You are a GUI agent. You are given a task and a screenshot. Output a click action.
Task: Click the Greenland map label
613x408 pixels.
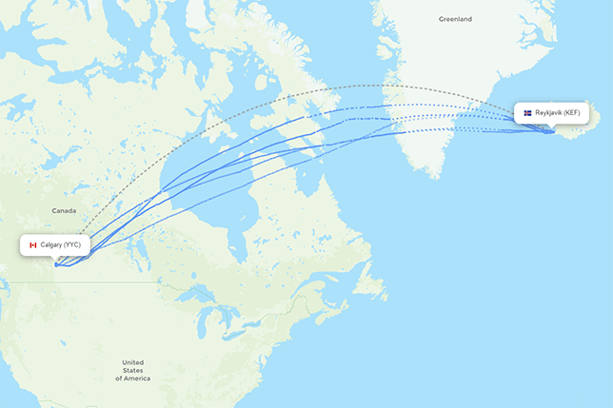point(454,19)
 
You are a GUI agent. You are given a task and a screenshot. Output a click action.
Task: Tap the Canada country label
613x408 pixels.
point(64,210)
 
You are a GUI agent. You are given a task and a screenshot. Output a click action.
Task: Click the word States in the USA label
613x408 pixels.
point(132,370)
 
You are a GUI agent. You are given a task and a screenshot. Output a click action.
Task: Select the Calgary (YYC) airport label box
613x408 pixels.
point(55,244)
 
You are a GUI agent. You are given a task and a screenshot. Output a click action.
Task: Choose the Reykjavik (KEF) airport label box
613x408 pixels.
point(551,112)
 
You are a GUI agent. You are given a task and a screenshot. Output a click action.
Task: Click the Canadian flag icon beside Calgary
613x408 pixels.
point(32,244)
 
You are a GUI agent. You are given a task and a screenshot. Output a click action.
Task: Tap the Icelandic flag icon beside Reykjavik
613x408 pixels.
point(527,112)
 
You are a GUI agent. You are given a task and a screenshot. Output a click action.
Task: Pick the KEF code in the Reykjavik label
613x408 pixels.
point(570,112)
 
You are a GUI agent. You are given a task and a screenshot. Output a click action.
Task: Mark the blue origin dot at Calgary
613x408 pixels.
point(56,264)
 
